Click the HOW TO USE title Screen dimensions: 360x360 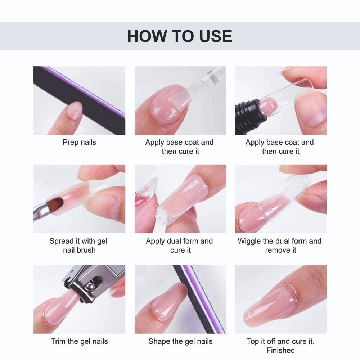tap(180, 36)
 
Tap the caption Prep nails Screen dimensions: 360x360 tap(79, 142)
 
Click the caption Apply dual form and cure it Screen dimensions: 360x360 tap(180, 245)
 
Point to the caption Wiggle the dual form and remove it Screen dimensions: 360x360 tap(280, 245)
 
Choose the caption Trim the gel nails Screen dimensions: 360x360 tap(79, 341)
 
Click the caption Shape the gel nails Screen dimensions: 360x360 tap(180, 341)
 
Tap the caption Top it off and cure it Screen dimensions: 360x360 tap(280, 341)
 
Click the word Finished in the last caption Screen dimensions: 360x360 tap(280, 350)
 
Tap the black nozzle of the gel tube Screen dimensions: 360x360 tap(245, 109)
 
